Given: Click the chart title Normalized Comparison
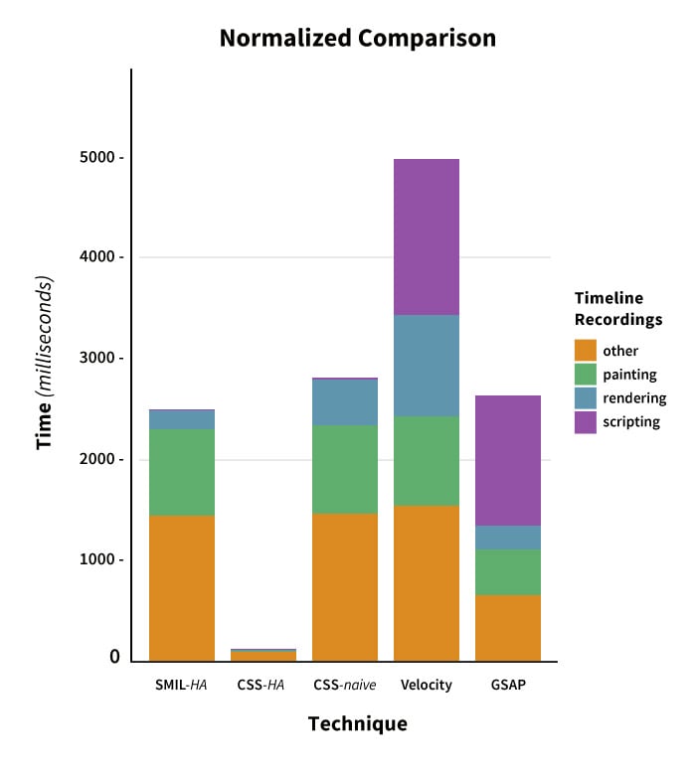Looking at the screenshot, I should click(357, 39).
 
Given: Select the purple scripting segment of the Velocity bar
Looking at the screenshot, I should click(427, 236).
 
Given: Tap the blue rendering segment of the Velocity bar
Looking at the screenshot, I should click(427, 366).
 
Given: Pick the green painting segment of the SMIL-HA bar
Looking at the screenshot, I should click(182, 472).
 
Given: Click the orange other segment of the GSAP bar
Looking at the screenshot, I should click(508, 628).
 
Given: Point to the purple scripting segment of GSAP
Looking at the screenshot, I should click(508, 460).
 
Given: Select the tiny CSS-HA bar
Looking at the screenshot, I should click(263, 655).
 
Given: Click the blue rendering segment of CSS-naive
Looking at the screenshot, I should click(345, 402).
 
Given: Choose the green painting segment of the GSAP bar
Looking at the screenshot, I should click(508, 572).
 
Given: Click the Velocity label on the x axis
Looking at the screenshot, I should click(427, 685).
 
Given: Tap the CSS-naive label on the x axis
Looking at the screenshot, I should click(345, 685).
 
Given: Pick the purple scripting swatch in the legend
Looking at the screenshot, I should click(586, 422).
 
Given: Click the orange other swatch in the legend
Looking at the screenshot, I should click(586, 351).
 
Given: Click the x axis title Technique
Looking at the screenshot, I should click(357, 723).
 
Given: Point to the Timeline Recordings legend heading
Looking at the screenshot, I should click(617, 309).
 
